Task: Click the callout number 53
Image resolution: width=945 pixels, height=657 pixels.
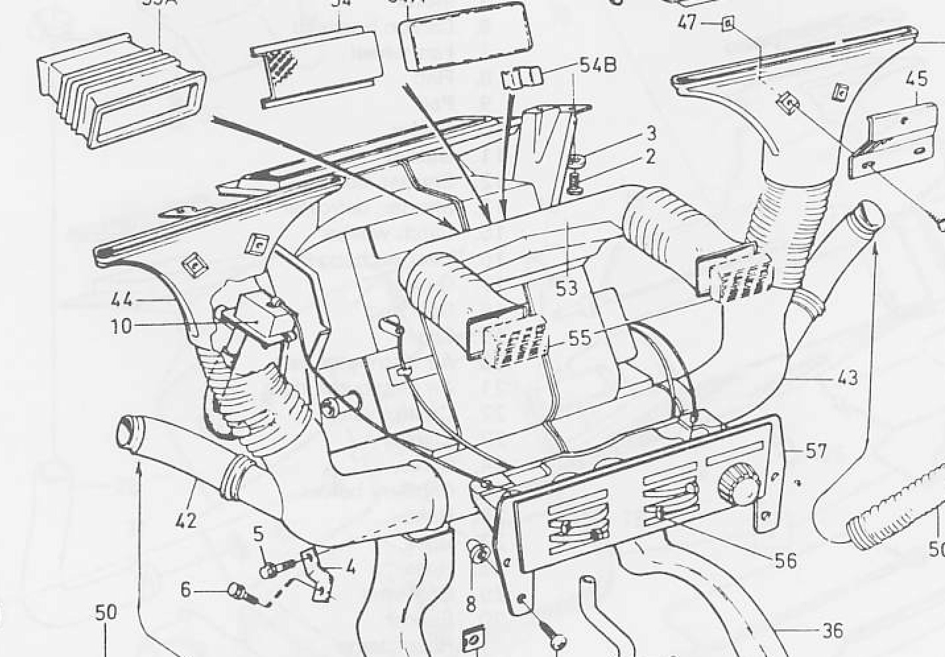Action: [566, 288]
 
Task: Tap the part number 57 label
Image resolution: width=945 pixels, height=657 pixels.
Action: [816, 451]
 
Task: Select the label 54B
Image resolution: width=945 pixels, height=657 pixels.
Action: [597, 65]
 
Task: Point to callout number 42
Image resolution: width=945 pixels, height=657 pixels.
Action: [186, 520]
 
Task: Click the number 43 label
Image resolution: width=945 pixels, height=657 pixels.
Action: [847, 377]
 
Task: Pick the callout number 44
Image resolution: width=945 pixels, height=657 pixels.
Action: [121, 300]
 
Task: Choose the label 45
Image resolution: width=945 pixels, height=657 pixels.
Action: [917, 79]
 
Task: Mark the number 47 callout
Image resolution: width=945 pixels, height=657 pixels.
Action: [686, 23]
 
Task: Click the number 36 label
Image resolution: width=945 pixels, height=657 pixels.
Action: [833, 631]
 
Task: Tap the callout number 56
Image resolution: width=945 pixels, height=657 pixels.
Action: [785, 560]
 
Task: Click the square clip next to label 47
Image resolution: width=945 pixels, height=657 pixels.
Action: [727, 24]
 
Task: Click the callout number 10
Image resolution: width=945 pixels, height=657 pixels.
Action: [121, 326]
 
